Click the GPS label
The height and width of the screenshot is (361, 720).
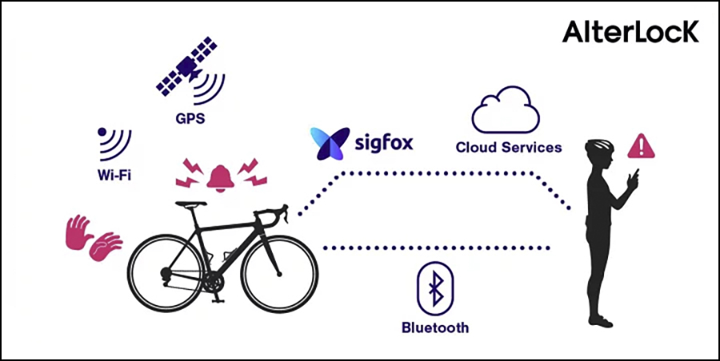pyautogui.click(x=191, y=120)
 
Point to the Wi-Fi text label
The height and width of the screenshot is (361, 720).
pyautogui.click(x=113, y=174)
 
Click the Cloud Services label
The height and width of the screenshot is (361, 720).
pyautogui.click(x=508, y=147)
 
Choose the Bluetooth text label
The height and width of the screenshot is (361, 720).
pyautogui.click(x=435, y=327)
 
